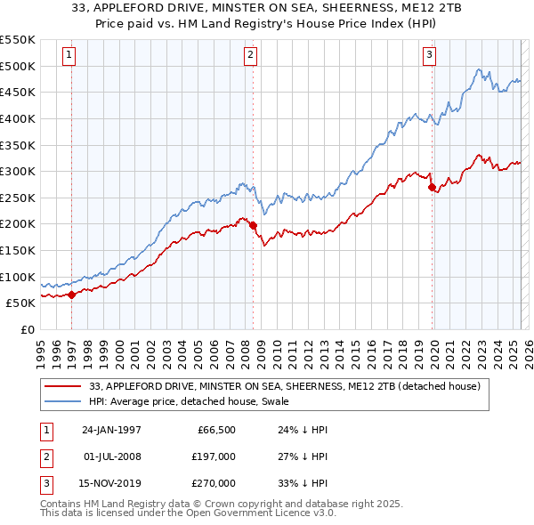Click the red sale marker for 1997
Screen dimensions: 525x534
tap(71, 295)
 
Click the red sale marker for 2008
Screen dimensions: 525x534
tap(253, 225)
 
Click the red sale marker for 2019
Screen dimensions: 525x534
tap(432, 188)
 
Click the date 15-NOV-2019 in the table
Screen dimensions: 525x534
tap(108, 483)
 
